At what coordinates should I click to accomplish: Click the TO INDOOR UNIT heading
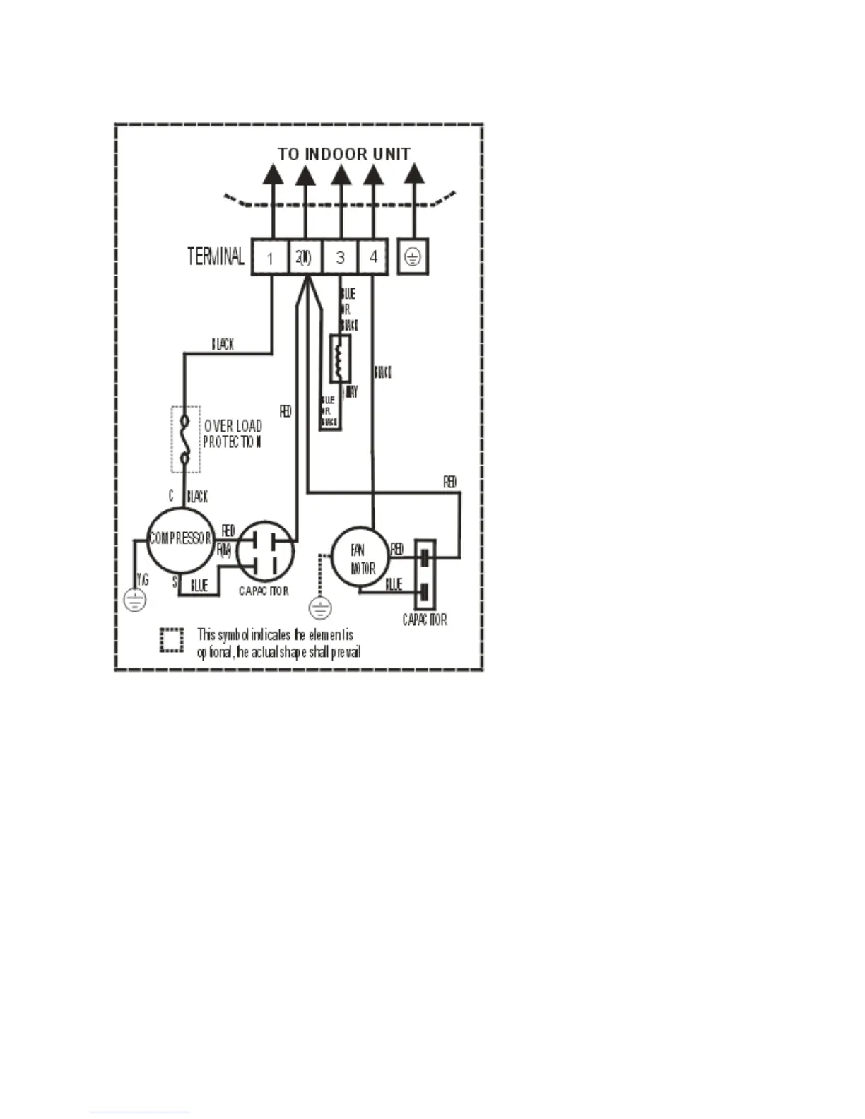343,153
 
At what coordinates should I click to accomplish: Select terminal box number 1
270,257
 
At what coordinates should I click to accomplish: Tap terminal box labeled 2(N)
304,257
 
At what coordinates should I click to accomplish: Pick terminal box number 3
340,257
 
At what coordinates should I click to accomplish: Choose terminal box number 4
373,257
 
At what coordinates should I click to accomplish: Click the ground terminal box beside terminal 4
413,257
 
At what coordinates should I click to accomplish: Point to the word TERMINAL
216,256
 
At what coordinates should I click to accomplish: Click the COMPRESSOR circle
180,540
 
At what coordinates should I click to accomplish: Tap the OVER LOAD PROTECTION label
233,434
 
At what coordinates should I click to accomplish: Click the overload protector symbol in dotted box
186,439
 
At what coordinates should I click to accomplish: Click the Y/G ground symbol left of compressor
134,600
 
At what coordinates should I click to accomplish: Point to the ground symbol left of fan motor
321,608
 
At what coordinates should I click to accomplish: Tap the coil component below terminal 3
340,358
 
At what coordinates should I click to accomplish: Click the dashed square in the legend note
172,640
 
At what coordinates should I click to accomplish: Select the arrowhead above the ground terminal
413,174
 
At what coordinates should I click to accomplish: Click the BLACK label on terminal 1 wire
223,345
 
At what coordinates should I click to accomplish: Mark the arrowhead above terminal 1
273,174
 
